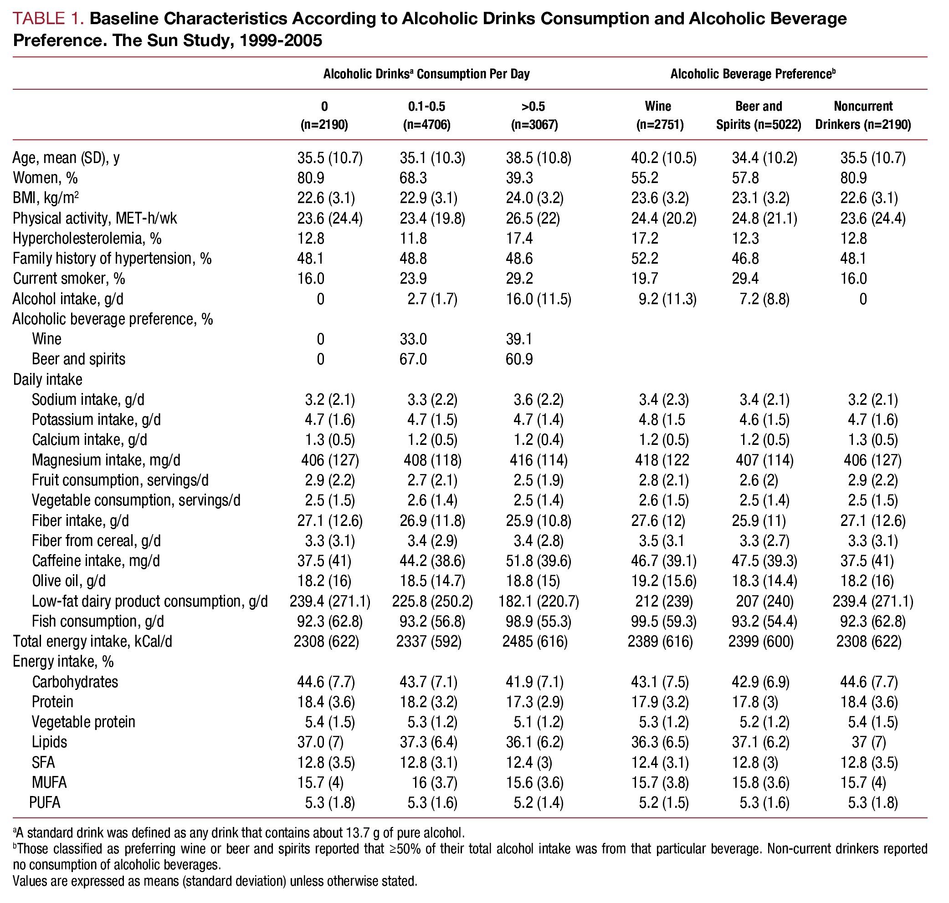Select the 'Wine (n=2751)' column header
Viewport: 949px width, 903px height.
pos(658,115)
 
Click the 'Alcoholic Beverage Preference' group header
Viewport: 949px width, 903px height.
pos(753,74)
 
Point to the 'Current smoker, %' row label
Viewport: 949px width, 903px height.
pos(69,279)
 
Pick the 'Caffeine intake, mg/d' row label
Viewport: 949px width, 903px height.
pos(96,561)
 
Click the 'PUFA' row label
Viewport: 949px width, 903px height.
pos(45,803)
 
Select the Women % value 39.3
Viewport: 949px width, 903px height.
pos(519,178)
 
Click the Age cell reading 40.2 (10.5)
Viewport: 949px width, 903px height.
pos(663,158)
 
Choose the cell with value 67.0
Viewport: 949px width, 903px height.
pos(413,359)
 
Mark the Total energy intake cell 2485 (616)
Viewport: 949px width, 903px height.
pos(534,642)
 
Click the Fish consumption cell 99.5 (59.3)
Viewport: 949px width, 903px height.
pos(663,622)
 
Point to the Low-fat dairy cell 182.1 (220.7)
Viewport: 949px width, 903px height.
pos(539,601)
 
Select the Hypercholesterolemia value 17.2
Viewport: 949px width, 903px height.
pos(645,238)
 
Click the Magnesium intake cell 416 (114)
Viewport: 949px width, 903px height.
pos(539,460)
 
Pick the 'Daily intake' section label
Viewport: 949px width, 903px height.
pos(48,379)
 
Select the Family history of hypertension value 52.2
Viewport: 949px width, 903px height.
pos(645,259)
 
